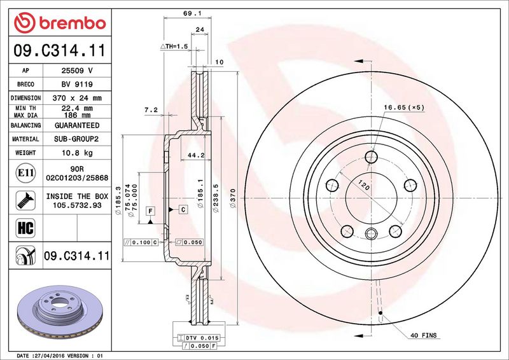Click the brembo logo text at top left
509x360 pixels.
(73, 23)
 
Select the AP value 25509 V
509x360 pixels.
(77, 71)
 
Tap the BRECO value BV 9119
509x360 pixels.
(77, 85)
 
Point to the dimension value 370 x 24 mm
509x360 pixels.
(77, 98)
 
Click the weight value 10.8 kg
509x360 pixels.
(77, 153)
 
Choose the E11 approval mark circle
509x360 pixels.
(25, 173)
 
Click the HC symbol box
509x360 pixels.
(25, 228)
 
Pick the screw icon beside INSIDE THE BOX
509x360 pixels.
(25, 200)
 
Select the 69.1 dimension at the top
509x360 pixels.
(188, 13)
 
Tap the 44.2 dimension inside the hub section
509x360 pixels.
(196, 155)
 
